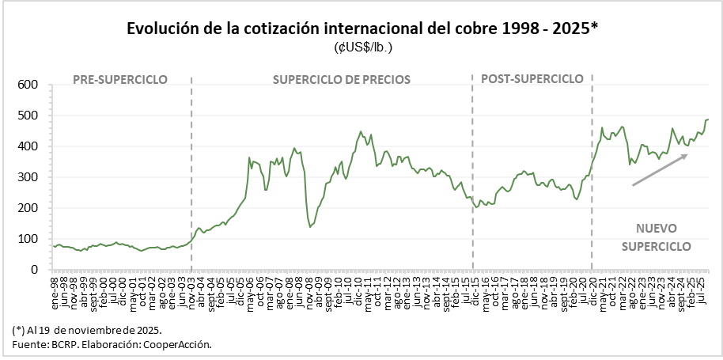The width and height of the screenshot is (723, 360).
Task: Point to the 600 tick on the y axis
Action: tap(28, 85)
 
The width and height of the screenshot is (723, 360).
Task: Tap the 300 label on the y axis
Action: tap(28, 177)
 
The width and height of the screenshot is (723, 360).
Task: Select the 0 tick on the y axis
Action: tap(34, 270)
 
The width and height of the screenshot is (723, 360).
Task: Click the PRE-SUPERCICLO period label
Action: tap(119, 79)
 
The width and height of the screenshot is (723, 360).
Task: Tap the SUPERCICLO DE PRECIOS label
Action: tap(342, 79)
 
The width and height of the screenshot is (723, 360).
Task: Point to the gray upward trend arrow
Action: tap(659, 169)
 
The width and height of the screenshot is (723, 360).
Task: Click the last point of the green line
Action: tap(708, 119)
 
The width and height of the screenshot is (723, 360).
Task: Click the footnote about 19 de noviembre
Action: tap(87, 329)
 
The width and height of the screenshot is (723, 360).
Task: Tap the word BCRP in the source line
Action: tap(59, 345)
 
